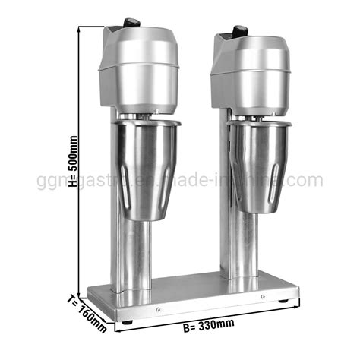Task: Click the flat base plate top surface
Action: [x=190, y=287]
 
